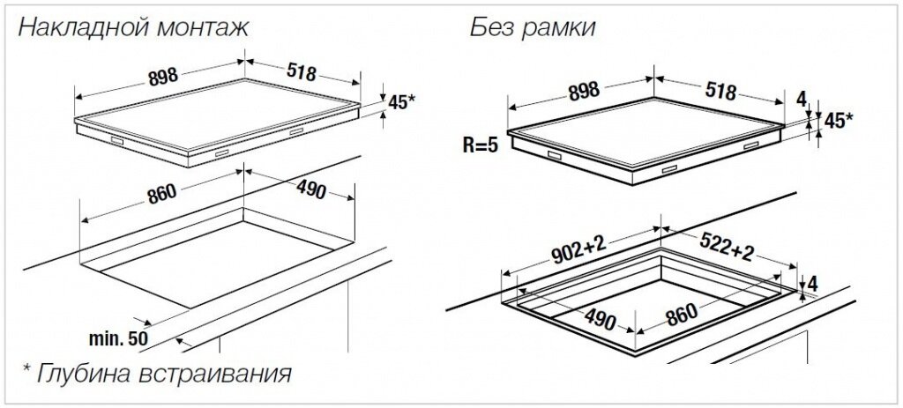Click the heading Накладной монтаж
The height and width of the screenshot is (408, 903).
point(134,27)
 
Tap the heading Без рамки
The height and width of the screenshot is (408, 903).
point(532,27)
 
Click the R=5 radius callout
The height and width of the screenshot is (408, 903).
point(481,145)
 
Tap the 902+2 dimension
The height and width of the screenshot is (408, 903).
point(578,252)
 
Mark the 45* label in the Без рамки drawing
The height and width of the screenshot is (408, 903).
point(838,120)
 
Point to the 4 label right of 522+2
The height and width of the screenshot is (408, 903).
point(812,284)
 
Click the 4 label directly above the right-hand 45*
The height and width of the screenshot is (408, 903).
point(802,100)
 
